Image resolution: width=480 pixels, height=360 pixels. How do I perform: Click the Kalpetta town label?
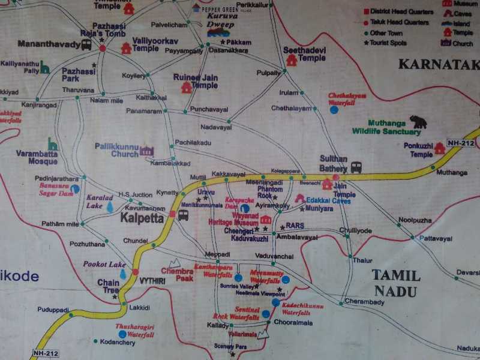pos(142,218)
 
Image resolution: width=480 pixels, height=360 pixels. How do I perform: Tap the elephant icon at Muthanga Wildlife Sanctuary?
pos(418,122)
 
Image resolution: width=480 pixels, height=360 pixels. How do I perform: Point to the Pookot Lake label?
pos(105,265)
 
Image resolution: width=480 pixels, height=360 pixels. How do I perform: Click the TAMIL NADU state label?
pos(396,283)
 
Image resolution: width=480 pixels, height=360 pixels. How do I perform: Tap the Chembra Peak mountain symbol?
pos(175,263)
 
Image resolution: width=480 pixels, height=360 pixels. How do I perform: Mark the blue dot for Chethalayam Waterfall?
pos(334,110)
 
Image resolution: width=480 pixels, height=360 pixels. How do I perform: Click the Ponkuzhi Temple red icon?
pos(440,148)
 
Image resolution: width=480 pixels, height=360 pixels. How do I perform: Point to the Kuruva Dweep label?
pos(223,24)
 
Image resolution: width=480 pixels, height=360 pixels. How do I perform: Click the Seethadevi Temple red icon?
pos(292,60)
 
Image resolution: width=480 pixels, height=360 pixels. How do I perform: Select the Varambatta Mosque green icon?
pos(53,145)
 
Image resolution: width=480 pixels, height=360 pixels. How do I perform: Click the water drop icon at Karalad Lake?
pos(110,207)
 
